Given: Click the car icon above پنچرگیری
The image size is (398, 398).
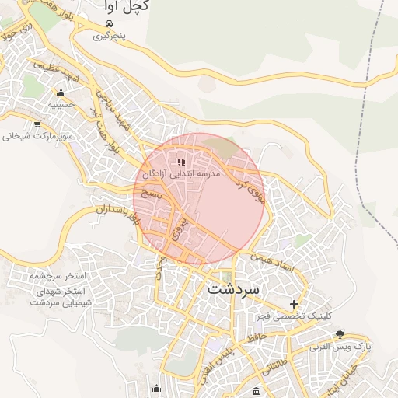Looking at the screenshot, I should [109, 23].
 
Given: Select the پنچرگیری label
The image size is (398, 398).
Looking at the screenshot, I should [109, 36].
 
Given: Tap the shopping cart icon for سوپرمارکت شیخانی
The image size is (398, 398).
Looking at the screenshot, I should [37, 124].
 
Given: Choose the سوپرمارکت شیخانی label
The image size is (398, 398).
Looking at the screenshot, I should [37, 136].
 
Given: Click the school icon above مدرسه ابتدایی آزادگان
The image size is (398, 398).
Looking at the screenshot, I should [181, 162].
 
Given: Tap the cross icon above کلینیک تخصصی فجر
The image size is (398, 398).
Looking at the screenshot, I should [294, 304].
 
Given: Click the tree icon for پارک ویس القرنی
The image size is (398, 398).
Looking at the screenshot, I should [340, 334].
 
